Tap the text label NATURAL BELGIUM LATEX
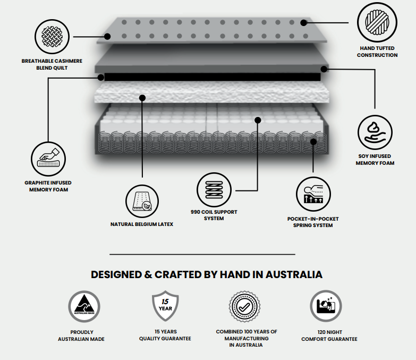point(142,224)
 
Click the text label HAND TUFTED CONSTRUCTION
point(377,52)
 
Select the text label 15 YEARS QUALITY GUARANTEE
point(165,335)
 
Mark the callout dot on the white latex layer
point(142,97)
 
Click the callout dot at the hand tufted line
point(303,22)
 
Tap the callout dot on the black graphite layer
point(101,78)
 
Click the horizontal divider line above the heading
point(202,254)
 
